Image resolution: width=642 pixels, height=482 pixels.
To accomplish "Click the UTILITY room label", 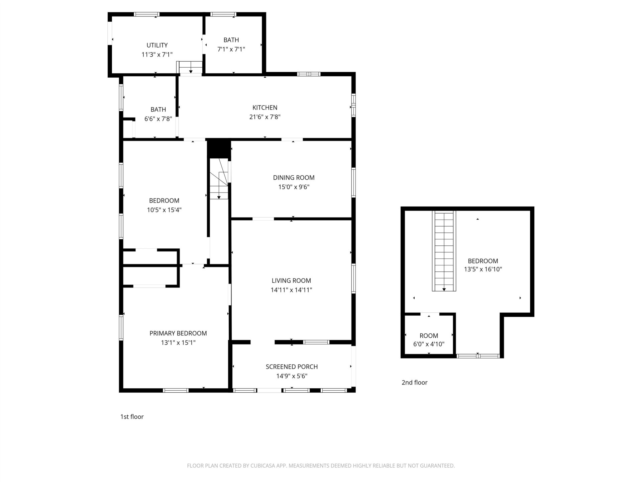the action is pos(157,45).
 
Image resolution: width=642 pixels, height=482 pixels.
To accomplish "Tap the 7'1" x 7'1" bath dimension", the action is pos(231,49).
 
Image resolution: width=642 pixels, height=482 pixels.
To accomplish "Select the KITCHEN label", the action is pos(265,107).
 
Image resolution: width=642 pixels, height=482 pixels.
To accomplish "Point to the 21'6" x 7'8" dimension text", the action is pos(265,117).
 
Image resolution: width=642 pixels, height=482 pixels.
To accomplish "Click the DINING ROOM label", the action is pos(294,177).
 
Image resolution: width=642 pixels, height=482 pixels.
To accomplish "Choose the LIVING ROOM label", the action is pos(291,280).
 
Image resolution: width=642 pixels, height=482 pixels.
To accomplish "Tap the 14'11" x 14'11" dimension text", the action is pos(291,290).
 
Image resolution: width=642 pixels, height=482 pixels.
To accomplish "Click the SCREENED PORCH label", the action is pos(292,367).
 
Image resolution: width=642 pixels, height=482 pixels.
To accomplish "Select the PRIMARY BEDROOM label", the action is pos(178,333).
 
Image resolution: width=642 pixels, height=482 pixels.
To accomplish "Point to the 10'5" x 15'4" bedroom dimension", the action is pos(164,210).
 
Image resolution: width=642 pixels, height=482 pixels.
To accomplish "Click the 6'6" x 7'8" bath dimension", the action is pos(158,119).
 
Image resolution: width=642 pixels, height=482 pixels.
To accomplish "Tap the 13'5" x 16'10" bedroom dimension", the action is pos(483,269).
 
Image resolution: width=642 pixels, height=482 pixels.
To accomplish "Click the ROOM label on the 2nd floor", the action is pos(429,336).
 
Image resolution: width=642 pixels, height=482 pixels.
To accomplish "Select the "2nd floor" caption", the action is pos(414,382).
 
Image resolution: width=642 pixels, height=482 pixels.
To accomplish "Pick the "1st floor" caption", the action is pos(132,416).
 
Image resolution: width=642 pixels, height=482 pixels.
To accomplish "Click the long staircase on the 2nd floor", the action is pos(444,251).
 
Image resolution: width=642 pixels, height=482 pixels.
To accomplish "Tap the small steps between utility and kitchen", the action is pos(189,67).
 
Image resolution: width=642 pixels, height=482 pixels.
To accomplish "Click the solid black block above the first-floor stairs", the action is pos(219,149).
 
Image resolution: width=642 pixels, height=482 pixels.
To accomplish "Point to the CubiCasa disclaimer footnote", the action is pos(321,466).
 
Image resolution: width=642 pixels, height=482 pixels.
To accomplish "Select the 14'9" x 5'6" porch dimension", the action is pos(292,376).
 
